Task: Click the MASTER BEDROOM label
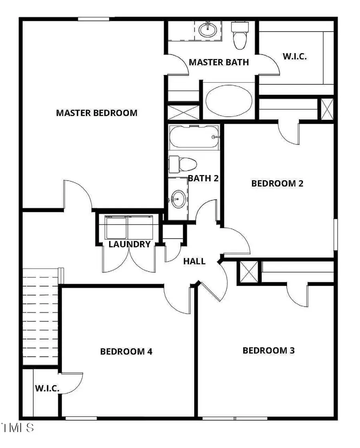(x=96, y=113)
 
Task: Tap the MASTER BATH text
(x=218, y=62)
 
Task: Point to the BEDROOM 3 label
(x=268, y=350)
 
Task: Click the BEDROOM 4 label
(x=126, y=352)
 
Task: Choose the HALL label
(x=194, y=261)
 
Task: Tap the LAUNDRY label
(x=130, y=244)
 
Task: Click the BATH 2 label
(x=203, y=178)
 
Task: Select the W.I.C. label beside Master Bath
(x=295, y=56)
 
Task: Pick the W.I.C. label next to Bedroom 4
(x=47, y=388)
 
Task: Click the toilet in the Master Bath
(x=240, y=35)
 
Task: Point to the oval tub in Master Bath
(x=229, y=100)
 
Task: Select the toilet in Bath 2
(x=184, y=164)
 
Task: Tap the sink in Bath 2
(x=178, y=198)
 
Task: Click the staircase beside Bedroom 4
(x=40, y=316)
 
